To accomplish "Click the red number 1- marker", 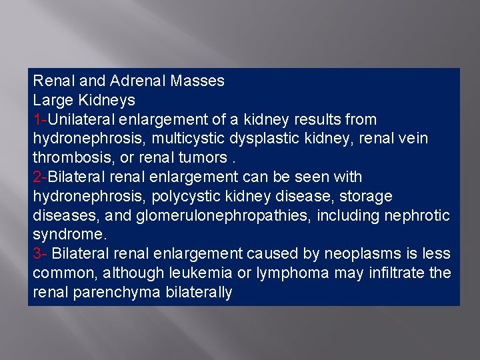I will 40,120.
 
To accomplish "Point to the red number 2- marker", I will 40,177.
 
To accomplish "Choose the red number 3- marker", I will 40,254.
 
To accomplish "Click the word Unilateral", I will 79,120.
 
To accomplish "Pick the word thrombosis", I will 68,158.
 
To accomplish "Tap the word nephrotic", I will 418,216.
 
